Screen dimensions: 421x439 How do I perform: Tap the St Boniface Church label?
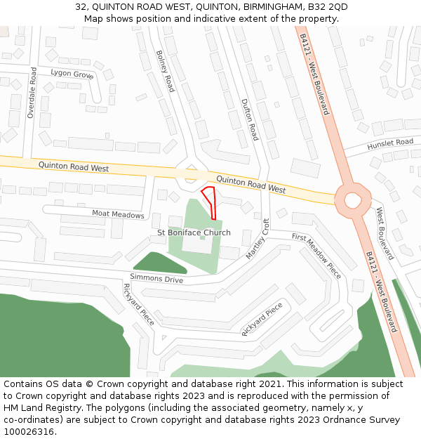click(x=194, y=232)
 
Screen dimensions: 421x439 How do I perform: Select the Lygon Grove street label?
click(x=72, y=74)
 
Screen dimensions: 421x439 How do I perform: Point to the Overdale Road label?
click(x=31, y=92)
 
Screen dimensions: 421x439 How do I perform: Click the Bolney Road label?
click(x=164, y=71)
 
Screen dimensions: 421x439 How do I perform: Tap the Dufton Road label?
click(x=250, y=119)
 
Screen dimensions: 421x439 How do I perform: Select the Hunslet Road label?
click(x=390, y=144)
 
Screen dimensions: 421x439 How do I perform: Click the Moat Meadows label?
click(x=118, y=214)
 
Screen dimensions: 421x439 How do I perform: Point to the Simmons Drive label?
click(x=156, y=279)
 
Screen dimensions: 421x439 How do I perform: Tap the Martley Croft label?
click(x=258, y=240)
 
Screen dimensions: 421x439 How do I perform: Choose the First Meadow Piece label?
click(x=316, y=256)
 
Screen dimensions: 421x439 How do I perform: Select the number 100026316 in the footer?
click(x=28, y=431)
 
